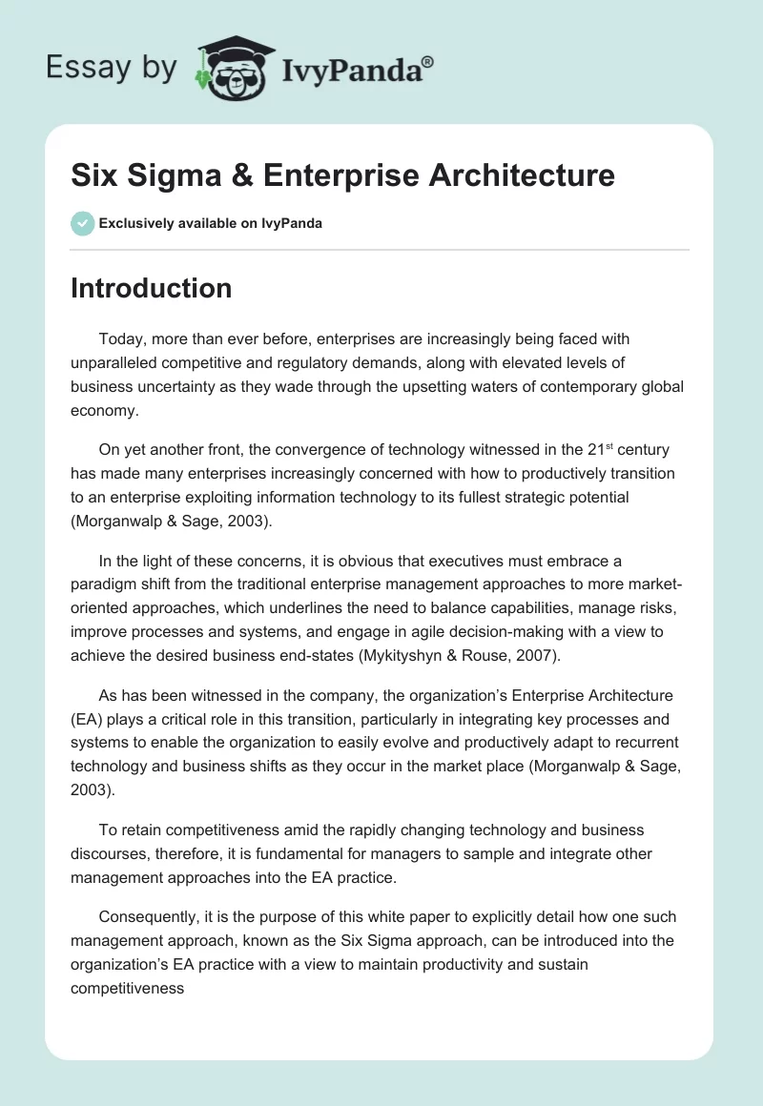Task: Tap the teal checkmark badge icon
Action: click(82, 223)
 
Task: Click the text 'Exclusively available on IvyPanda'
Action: click(210, 223)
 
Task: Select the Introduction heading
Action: click(151, 288)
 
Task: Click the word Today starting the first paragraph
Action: click(119, 338)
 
